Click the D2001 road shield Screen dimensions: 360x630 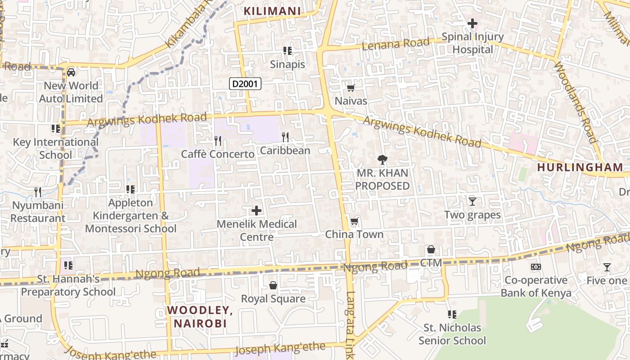245,83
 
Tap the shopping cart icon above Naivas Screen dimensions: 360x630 351,88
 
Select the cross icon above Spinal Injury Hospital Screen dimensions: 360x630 472,23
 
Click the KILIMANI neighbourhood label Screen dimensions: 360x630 272,11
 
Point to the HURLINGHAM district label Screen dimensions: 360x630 580,167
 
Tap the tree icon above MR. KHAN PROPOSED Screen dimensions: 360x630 382,159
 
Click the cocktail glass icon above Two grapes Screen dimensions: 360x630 472,201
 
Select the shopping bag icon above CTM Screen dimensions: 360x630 431,249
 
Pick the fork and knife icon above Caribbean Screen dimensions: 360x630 285,137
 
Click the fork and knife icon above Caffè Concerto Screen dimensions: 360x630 218,141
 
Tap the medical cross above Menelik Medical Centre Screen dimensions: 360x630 256,210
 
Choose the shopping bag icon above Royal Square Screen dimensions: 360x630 273,285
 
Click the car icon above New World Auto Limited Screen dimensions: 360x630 71,72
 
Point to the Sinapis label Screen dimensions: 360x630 287,64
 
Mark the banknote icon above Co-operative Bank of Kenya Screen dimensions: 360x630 535,267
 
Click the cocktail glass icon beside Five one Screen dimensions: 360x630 607,267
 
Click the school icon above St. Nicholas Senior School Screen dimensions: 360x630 452,314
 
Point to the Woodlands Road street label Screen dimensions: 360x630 576,103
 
